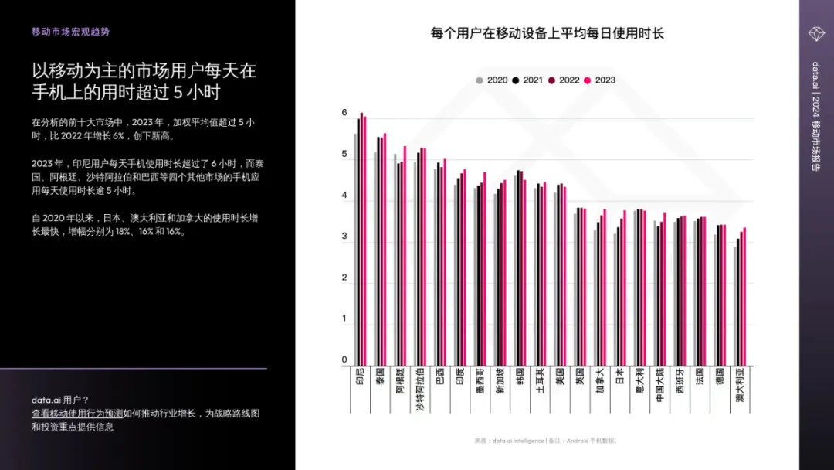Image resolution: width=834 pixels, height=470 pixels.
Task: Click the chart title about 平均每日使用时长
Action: pos(547,33)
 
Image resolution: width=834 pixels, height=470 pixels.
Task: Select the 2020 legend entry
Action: pos(492,80)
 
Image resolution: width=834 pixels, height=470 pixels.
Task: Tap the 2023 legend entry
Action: pos(600,80)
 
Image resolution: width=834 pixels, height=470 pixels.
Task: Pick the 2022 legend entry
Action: pos(564,80)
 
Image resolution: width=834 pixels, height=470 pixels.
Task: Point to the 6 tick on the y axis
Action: pos(344,114)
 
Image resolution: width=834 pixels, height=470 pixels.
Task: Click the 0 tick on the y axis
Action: pos(344,360)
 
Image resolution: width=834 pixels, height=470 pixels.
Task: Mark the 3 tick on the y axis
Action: pos(344,237)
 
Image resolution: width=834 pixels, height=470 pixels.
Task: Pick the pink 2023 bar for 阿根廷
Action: pos(405,255)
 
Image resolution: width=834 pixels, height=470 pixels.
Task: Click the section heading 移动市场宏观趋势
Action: pos(70,32)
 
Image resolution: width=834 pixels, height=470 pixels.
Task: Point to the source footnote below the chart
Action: pos(546,441)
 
